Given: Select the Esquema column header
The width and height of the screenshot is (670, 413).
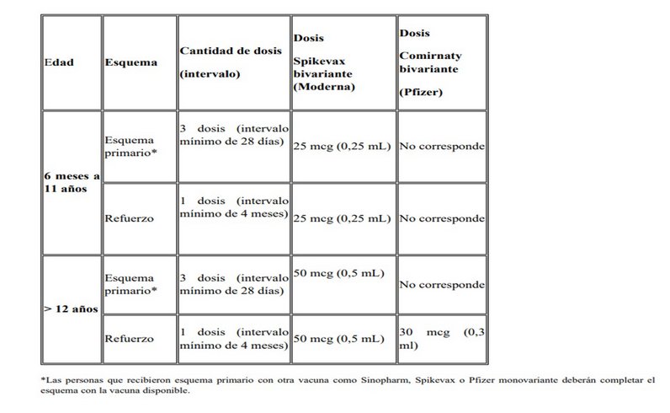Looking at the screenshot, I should pos(126,62).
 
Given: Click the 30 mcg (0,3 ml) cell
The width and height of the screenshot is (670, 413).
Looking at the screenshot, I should pos(441,339).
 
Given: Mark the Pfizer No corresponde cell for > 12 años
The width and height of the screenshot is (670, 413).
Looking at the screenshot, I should pos(441,284).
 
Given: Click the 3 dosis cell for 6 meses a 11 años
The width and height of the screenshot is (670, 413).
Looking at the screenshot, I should pos(232,138).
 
